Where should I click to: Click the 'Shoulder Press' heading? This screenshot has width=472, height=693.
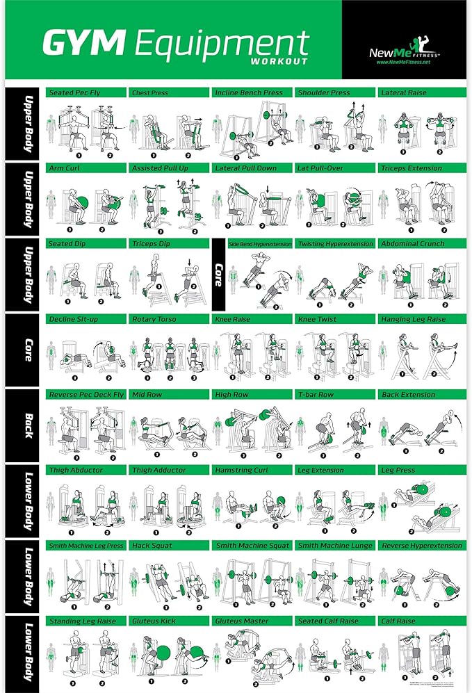tap(323, 92)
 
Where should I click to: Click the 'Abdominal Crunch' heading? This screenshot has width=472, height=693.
tap(413, 244)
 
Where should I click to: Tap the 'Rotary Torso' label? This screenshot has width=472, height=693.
tap(153, 319)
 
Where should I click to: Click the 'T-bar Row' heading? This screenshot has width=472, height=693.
tap(317, 395)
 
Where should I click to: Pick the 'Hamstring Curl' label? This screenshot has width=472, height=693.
tap(241, 470)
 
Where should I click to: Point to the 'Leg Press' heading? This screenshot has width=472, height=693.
tap(398, 470)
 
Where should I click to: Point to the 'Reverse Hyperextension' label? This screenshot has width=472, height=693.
tap(422, 546)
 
